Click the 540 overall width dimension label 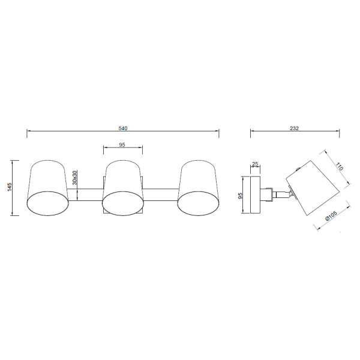point(123,128)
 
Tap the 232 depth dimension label point(294,128)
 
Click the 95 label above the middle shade point(122,145)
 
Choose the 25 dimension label point(255,164)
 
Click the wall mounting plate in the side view point(255,195)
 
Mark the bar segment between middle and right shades point(161,194)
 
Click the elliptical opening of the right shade point(199,202)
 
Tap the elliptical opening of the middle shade point(123,202)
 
